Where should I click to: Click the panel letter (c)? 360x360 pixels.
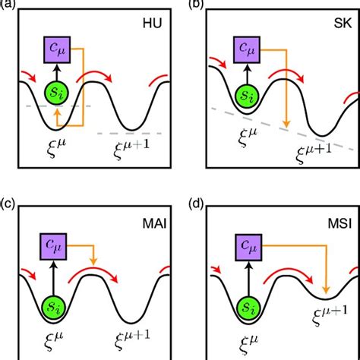[x=8, y=202]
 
